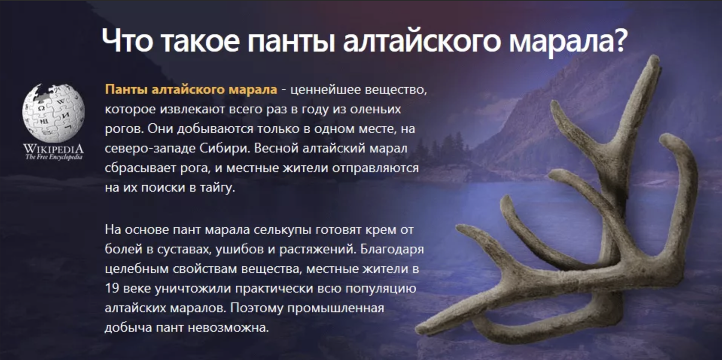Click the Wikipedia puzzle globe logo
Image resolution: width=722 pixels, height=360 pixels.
[x=53, y=113]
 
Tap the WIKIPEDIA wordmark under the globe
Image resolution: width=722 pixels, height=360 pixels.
[x=53, y=148]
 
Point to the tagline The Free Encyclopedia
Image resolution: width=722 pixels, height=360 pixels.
[x=53, y=157]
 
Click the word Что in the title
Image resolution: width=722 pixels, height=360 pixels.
[x=127, y=41]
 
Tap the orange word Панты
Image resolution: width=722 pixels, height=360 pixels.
[x=126, y=89]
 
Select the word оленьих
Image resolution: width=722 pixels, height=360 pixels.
[x=375, y=109]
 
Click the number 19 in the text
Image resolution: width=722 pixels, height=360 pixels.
[x=112, y=288]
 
